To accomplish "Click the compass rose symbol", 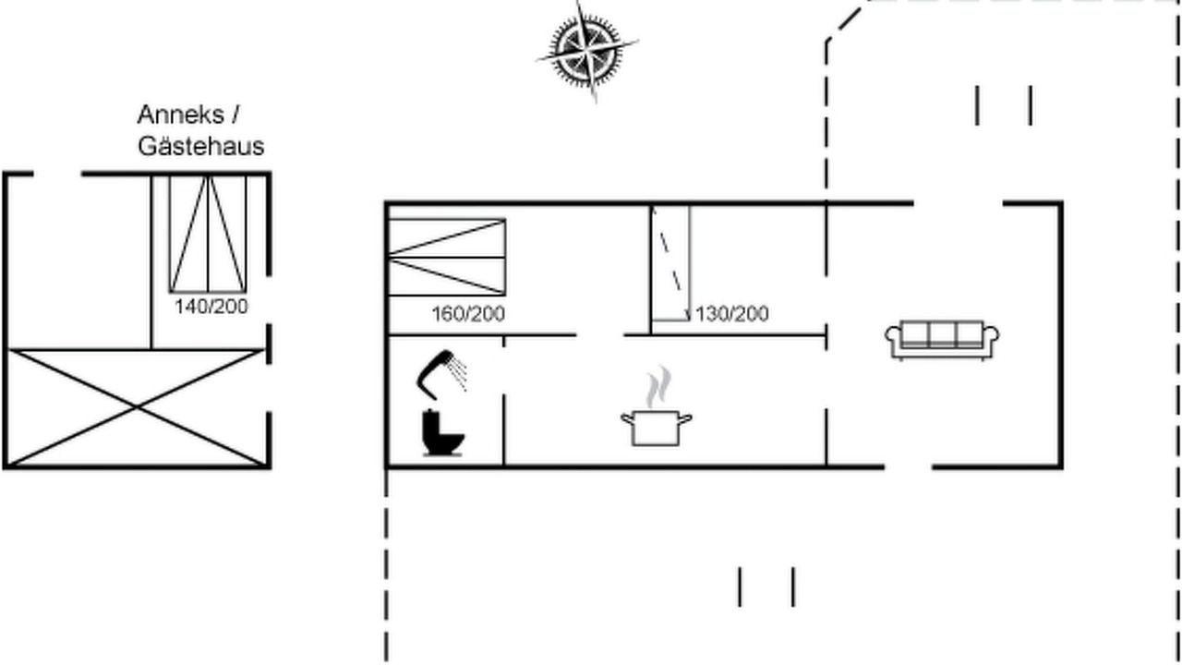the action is (x=586, y=51).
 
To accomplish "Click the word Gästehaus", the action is (x=201, y=146).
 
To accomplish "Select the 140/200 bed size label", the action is (x=211, y=307).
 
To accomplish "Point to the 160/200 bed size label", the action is (x=468, y=314).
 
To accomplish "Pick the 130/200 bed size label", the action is (x=732, y=314).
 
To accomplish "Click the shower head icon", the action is (x=442, y=374).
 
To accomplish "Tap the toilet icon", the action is (x=442, y=432).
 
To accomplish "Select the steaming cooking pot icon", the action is (x=657, y=406).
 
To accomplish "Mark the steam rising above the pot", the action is (x=659, y=387).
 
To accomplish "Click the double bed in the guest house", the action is (x=208, y=234).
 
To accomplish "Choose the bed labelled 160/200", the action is (x=447, y=257).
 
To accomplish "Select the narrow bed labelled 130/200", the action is (x=670, y=263).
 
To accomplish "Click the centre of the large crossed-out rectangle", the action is (x=137, y=408).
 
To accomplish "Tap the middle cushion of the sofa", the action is (x=942, y=333).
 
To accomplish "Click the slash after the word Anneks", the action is (x=235, y=115).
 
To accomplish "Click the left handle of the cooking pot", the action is (x=627, y=419).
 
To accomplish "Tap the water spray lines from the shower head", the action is (x=458, y=372).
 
